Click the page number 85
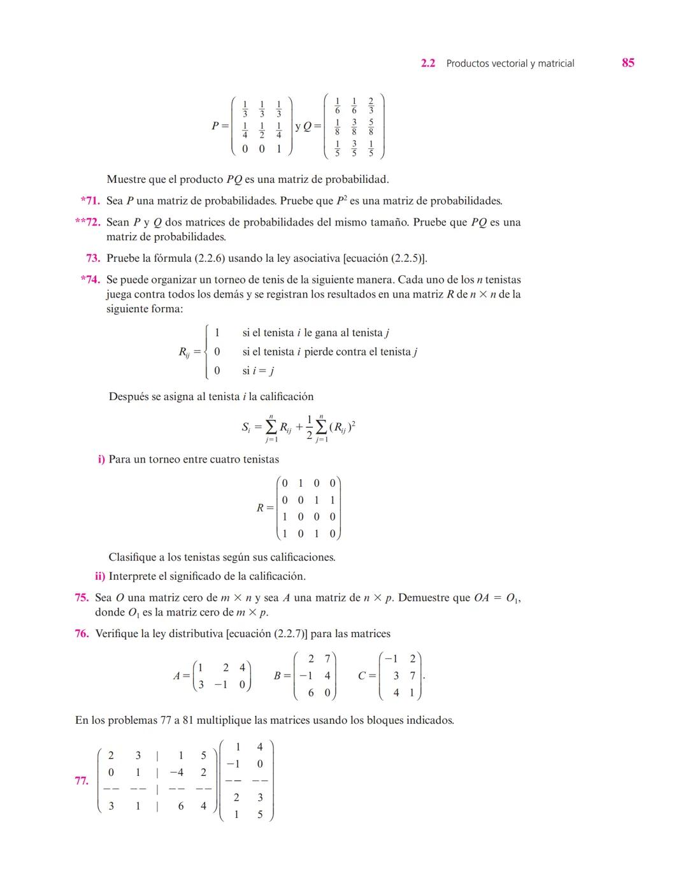pos(627,62)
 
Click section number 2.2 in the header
pos(428,63)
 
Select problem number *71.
pos(90,201)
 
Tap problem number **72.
pos(88,222)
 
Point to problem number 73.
pos(93,258)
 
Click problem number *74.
pos(90,280)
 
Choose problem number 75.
pos(82,598)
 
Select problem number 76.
pos(82,633)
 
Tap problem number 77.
pos(82,780)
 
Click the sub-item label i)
pos(101,459)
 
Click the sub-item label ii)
pos(100,576)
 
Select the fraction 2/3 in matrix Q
pos(371,106)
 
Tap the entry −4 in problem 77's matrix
pos(176,772)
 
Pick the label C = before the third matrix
pos(366,676)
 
